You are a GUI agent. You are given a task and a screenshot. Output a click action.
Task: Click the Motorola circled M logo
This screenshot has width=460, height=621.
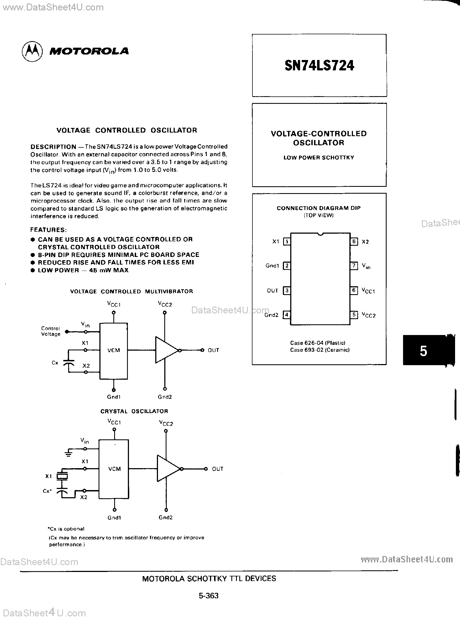click(x=32, y=51)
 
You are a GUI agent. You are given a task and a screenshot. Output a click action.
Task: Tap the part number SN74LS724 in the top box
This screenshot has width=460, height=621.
click(x=319, y=66)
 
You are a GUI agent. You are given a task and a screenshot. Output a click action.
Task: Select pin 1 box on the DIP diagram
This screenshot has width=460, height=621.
click(x=286, y=241)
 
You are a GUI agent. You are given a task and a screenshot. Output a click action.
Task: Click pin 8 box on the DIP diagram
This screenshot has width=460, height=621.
click(x=354, y=241)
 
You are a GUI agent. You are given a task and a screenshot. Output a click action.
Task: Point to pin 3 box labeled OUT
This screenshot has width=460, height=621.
click(x=286, y=291)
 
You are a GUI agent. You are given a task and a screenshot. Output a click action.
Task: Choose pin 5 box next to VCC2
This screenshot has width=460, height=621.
click(x=354, y=315)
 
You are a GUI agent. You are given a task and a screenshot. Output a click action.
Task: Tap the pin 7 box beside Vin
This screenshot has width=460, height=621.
click(x=354, y=265)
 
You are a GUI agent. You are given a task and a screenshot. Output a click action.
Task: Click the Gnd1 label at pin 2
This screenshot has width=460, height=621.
click(x=272, y=266)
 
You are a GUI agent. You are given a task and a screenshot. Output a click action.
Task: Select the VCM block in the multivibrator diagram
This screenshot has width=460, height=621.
click(x=114, y=351)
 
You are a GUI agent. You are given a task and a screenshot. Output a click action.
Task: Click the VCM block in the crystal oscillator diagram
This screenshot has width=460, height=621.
click(x=114, y=469)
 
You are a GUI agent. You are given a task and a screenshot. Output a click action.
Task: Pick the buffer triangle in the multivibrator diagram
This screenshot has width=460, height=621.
click(x=166, y=350)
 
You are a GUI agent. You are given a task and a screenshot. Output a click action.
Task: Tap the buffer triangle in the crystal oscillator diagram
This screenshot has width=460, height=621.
click(x=167, y=469)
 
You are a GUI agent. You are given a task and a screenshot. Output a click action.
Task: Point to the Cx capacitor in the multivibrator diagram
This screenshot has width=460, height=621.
click(x=68, y=363)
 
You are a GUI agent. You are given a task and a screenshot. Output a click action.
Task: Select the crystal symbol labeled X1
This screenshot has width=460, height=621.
click(x=62, y=476)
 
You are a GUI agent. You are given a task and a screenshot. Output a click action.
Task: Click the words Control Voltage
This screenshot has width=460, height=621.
click(x=51, y=331)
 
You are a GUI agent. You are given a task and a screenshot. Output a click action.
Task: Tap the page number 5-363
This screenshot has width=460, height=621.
click(x=209, y=596)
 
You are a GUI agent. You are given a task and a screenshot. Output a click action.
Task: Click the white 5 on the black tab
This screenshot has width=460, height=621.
click(x=423, y=351)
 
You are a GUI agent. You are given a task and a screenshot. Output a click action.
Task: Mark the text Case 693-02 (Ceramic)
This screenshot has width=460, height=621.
click(x=320, y=350)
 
